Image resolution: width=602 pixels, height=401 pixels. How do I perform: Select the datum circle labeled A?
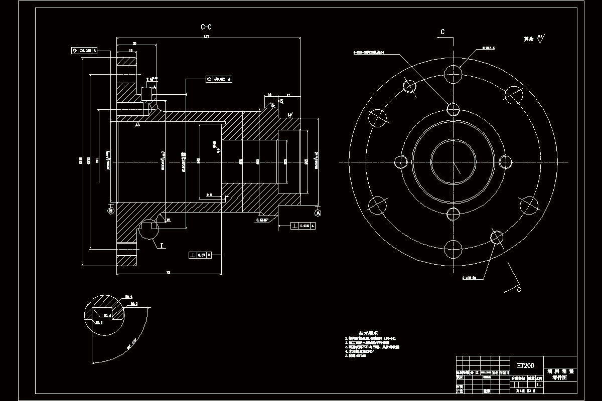pos(317,213)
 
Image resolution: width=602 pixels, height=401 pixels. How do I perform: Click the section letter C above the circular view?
pos(442,32)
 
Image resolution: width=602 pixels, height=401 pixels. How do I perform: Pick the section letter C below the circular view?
pos(519,289)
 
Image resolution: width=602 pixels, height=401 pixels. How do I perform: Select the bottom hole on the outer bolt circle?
pos(453,248)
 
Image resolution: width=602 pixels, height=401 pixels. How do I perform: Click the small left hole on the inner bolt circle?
pos(401,162)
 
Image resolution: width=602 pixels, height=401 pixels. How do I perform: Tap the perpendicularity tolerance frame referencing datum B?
pos(201,255)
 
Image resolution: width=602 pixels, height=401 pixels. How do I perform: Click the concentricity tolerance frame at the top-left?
pos(84,51)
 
